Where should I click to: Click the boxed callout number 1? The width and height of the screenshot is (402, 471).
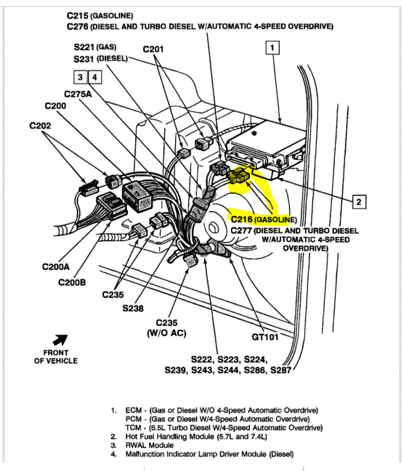click(x=272, y=48)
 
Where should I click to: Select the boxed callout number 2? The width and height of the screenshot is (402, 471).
click(x=358, y=202)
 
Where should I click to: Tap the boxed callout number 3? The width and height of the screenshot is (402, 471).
click(x=81, y=77)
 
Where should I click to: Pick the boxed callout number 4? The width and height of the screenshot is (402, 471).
click(x=95, y=77)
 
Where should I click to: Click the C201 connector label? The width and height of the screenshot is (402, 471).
click(x=153, y=50)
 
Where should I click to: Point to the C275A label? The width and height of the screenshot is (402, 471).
click(x=77, y=94)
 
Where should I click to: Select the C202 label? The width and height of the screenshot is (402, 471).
click(x=40, y=126)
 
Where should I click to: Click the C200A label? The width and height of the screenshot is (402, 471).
click(x=56, y=268)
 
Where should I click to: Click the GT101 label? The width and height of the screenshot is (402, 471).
click(x=265, y=337)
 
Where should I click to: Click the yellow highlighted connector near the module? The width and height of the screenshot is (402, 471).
click(x=240, y=176)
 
